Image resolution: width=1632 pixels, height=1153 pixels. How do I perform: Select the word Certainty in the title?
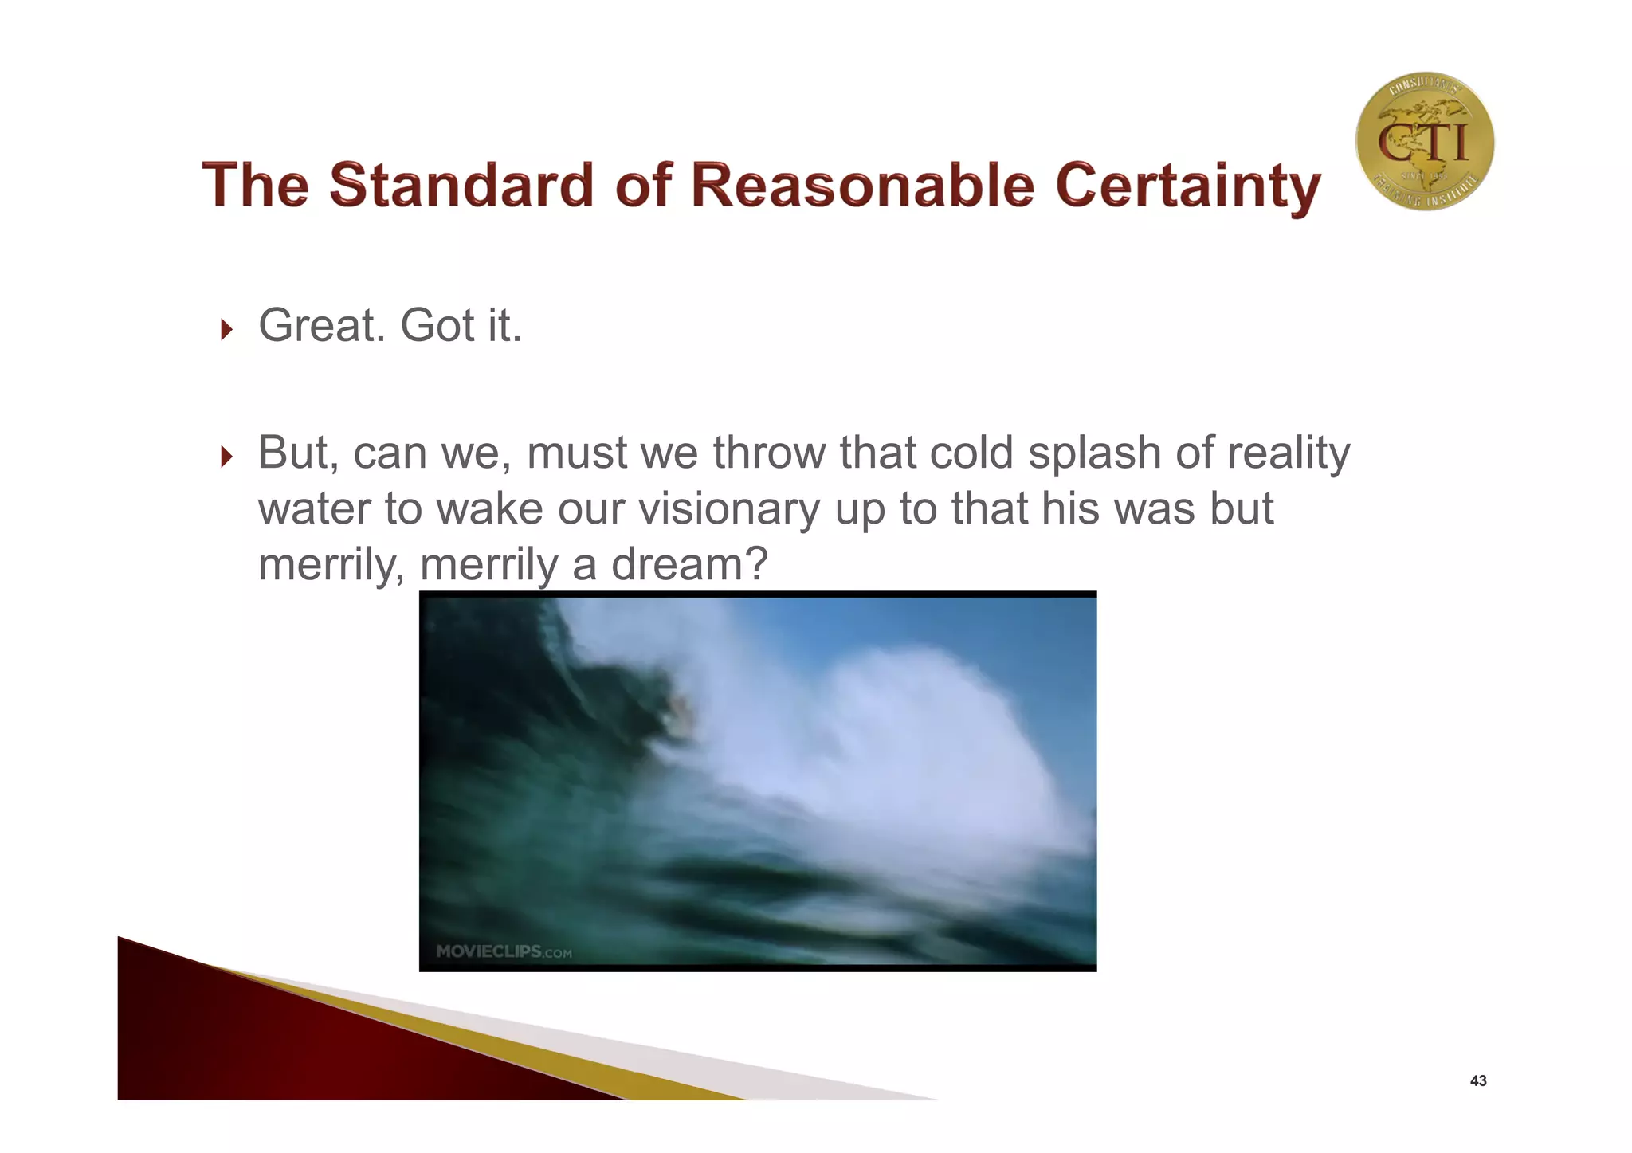point(1187,186)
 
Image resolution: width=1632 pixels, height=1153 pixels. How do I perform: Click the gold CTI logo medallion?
point(1424,142)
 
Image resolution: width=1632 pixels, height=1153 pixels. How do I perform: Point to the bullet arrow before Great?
point(226,329)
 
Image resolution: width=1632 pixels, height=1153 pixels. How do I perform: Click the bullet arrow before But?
point(226,457)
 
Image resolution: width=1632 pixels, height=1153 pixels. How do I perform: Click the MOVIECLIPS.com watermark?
point(504,951)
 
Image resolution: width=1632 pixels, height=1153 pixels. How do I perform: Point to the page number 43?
point(1477,1080)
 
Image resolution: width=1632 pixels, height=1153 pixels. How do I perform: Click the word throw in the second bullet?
point(768,453)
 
